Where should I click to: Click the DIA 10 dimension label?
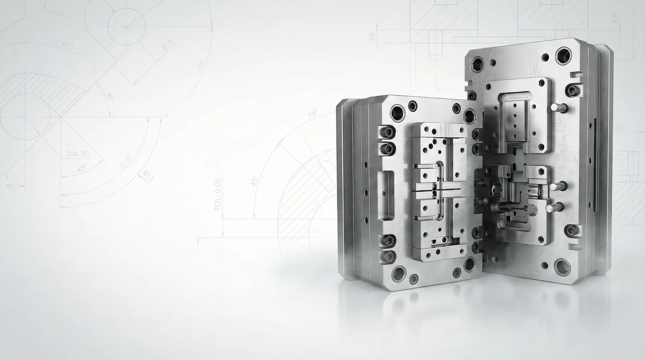pyautogui.click(x=78, y=154)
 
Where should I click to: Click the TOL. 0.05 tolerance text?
pyautogui.click(x=218, y=195)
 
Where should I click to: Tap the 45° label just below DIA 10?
pyautogui.click(x=82, y=168)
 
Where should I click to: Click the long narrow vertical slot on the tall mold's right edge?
pyautogui.click(x=595, y=165)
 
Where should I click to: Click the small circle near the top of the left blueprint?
pyautogui.click(x=126, y=26)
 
